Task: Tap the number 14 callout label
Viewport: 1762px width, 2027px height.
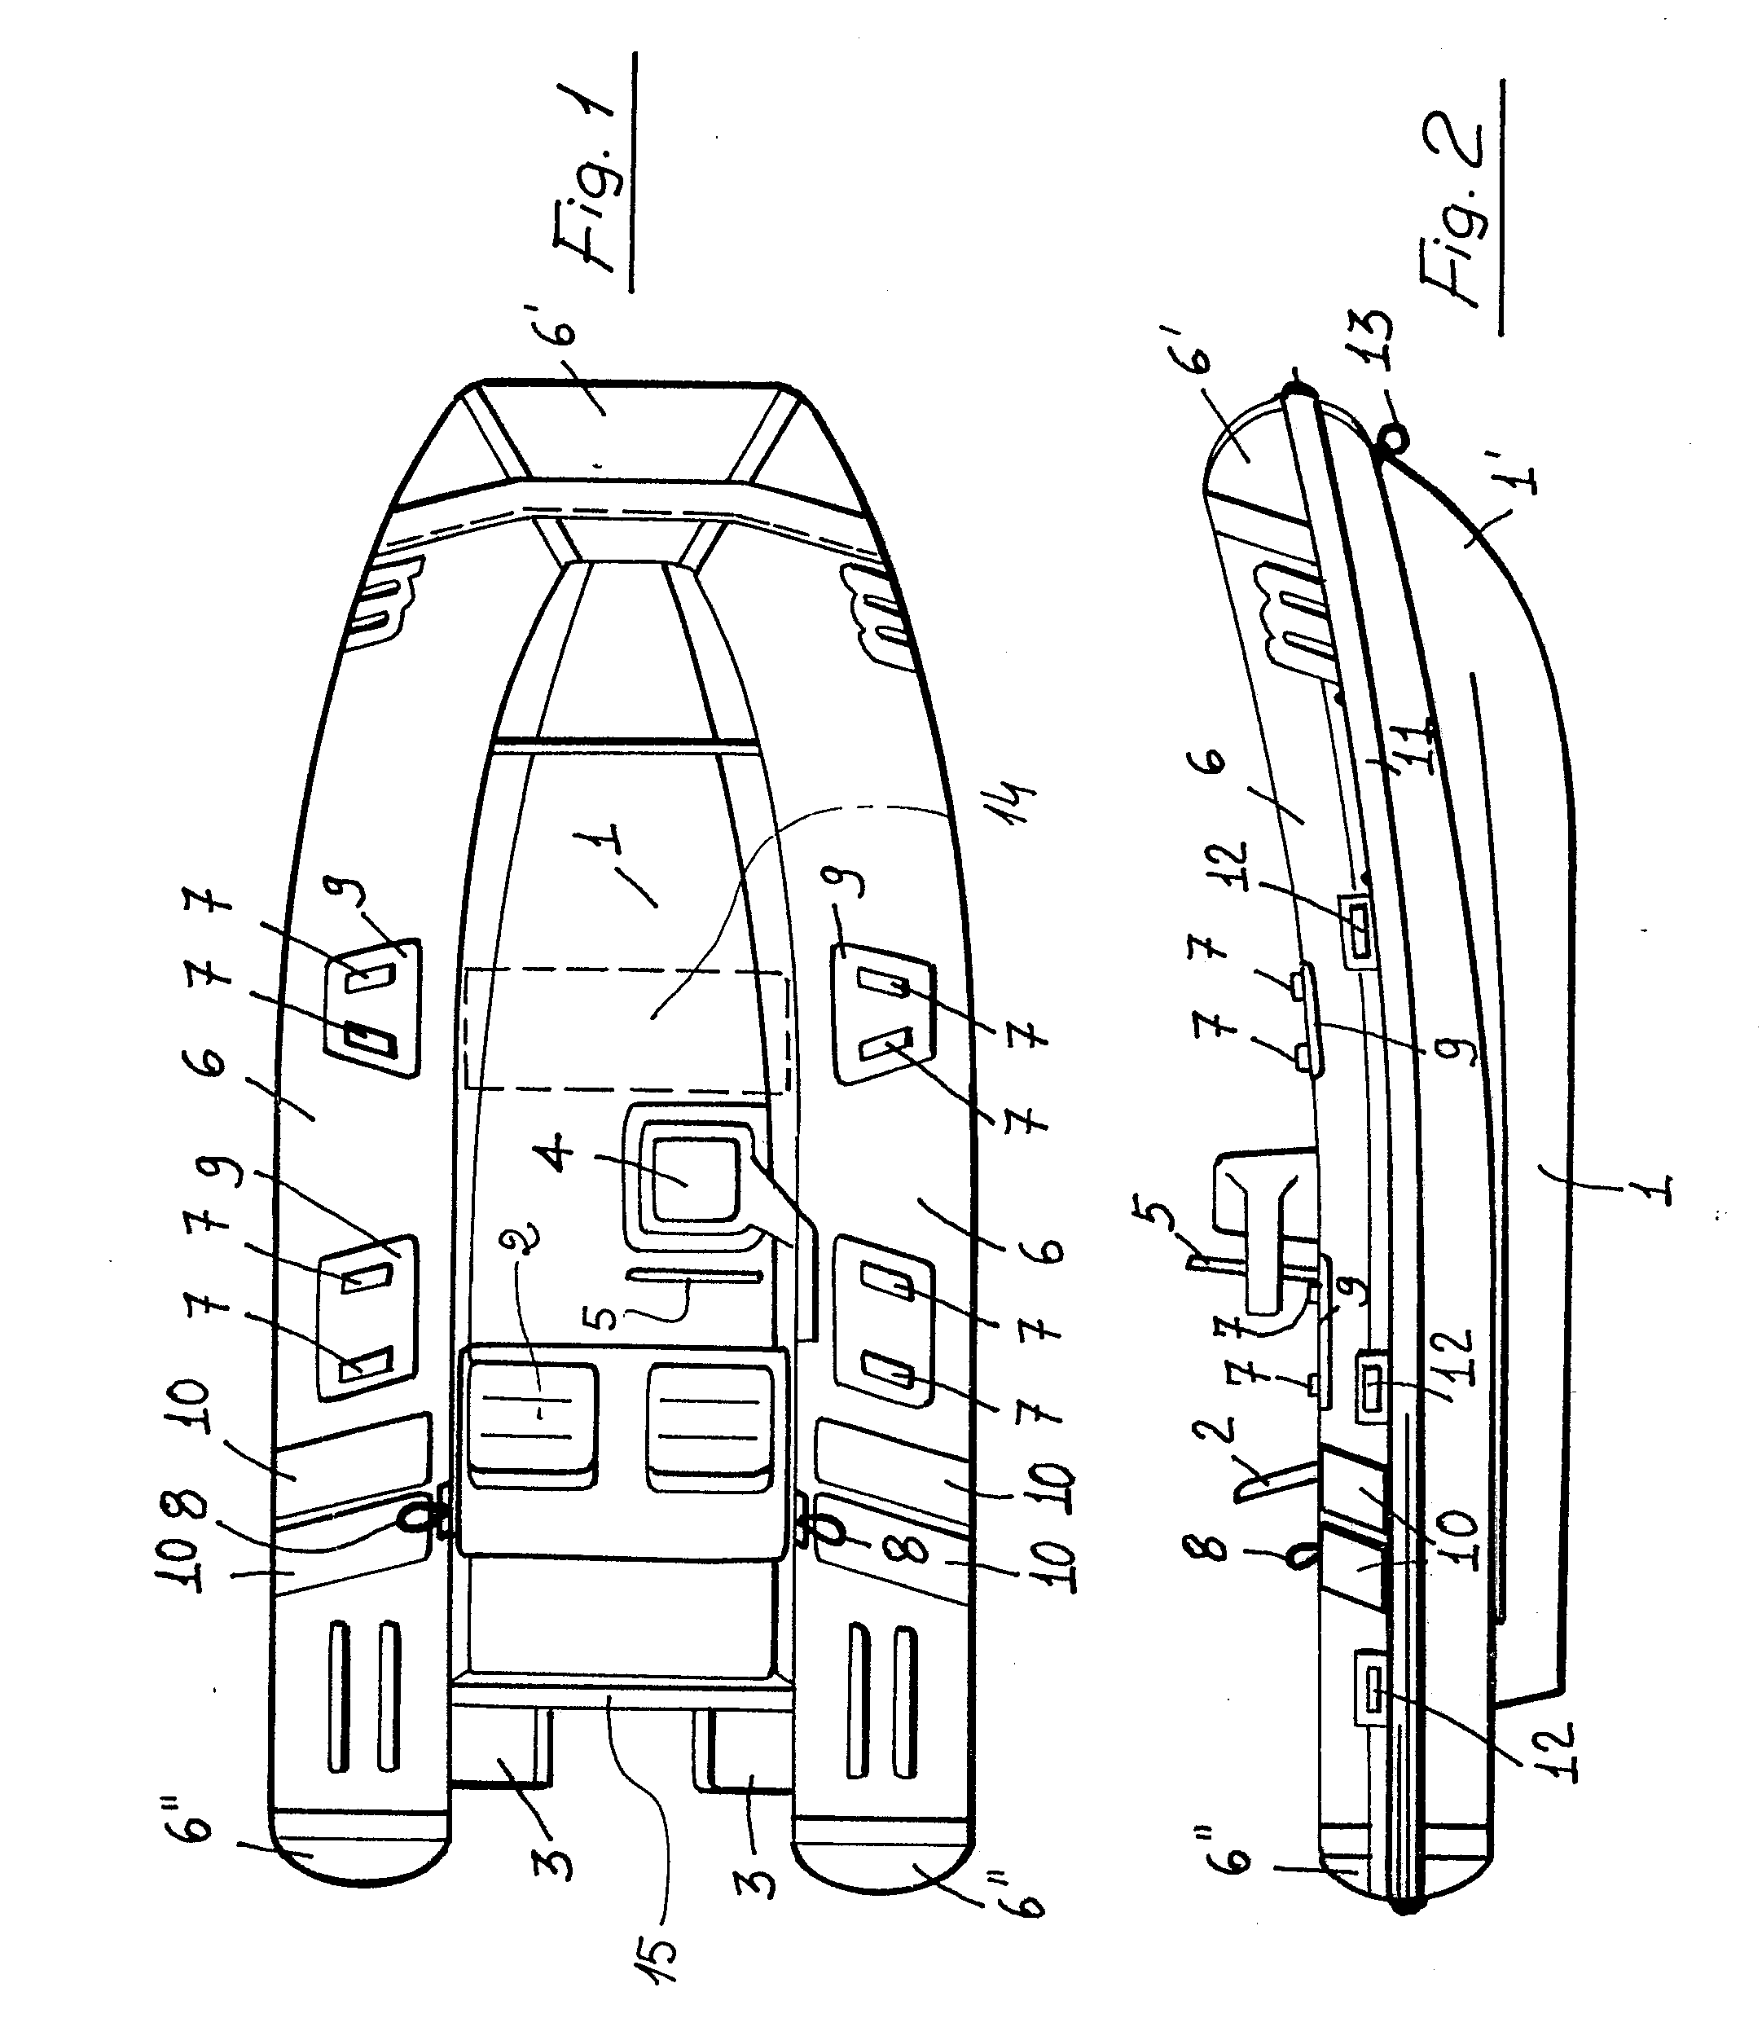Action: (x=1012, y=802)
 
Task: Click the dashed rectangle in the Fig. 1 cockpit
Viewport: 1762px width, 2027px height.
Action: (x=626, y=1029)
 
